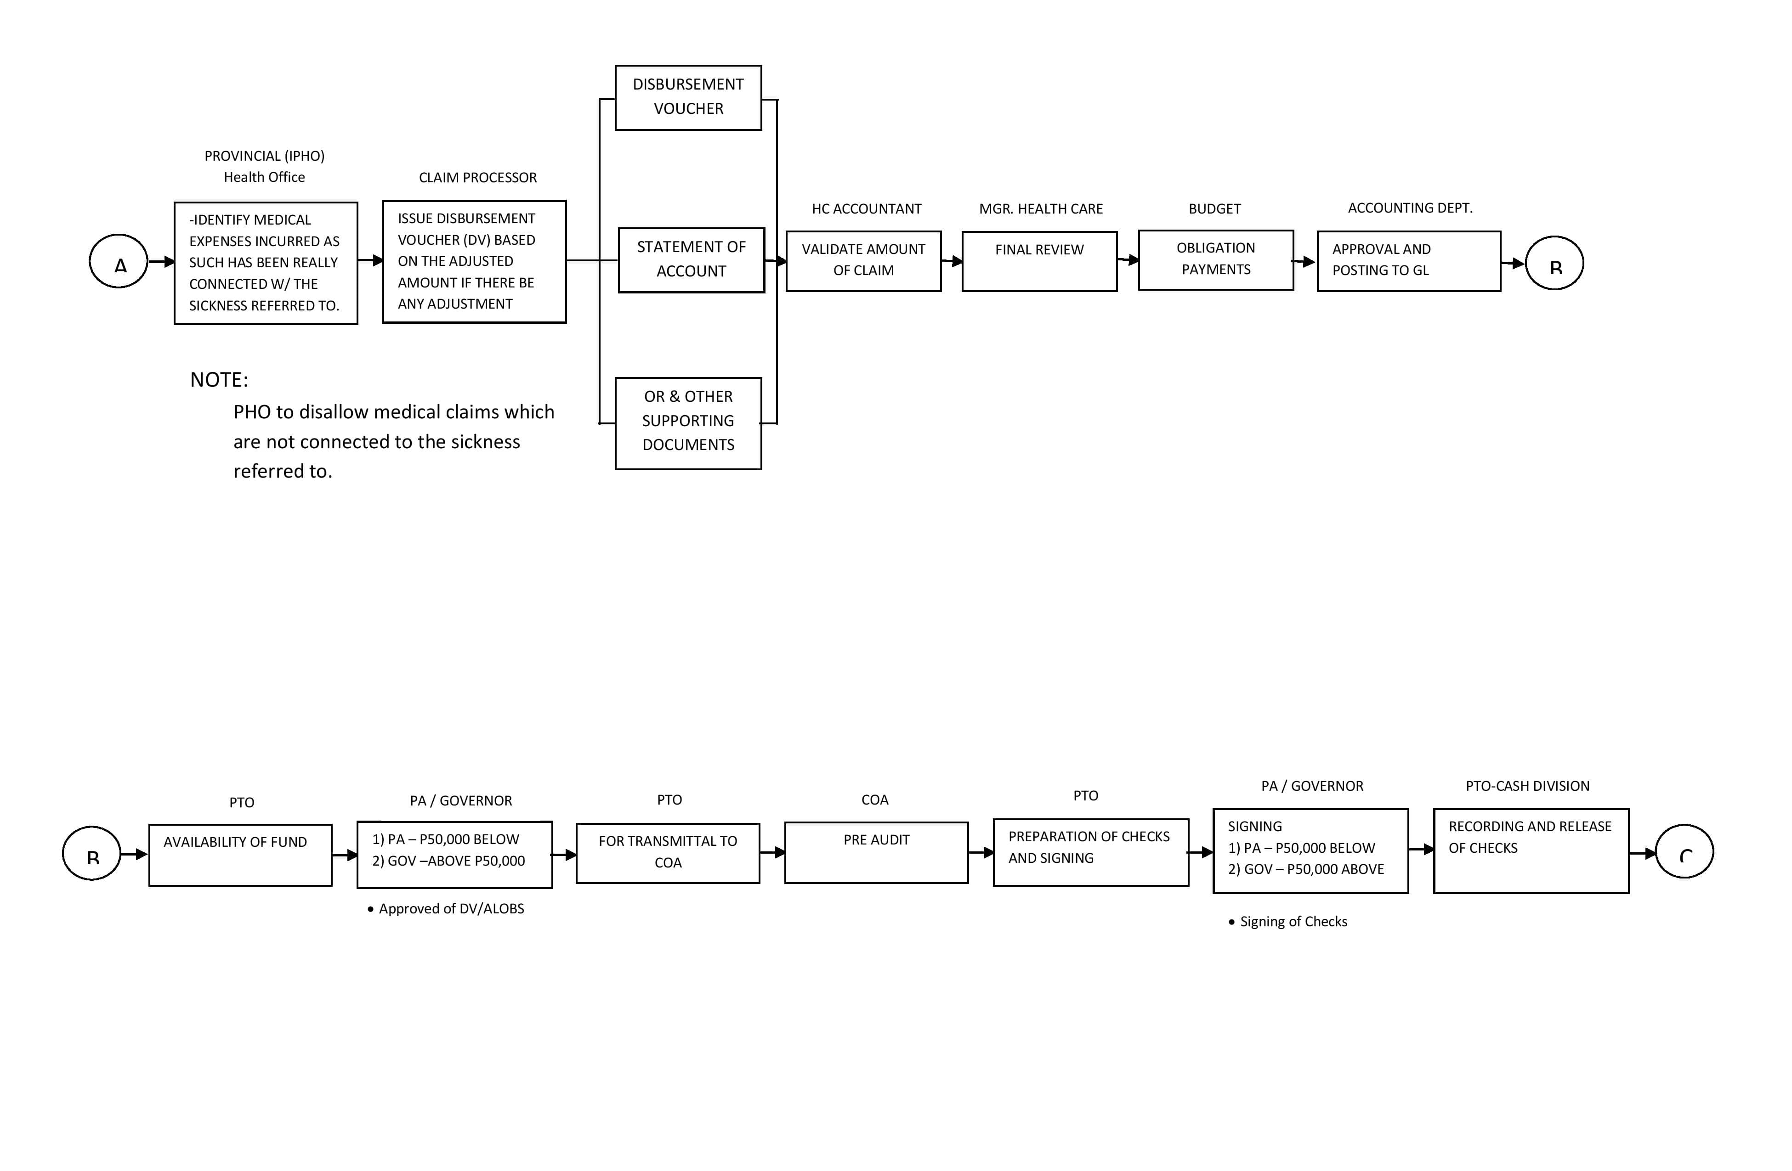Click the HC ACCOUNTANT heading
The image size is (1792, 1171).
pyautogui.click(x=867, y=208)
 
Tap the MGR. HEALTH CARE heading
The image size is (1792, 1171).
pyautogui.click(x=1041, y=208)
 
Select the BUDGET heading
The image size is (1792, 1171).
pyautogui.click(x=1214, y=208)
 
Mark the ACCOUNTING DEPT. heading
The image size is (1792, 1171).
pyautogui.click(x=1410, y=208)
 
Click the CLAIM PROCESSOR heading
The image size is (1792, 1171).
pyautogui.click(x=477, y=178)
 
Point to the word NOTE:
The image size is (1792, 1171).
pyautogui.click(x=219, y=379)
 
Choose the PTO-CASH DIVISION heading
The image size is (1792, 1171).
pyautogui.click(x=1528, y=786)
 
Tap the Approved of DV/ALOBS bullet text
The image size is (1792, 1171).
pyautogui.click(x=446, y=909)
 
